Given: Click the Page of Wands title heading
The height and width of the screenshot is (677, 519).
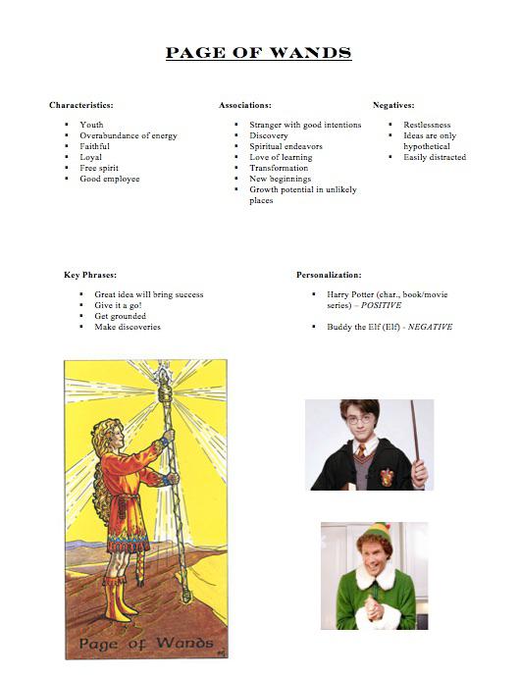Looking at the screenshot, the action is (x=259, y=53).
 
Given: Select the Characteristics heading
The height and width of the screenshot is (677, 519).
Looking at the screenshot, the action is (x=80, y=104).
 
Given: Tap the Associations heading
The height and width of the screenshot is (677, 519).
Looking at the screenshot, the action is (x=245, y=104).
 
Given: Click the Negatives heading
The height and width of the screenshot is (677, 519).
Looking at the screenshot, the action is (x=393, y=104).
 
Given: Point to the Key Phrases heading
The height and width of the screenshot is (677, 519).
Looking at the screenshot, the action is (x=90, y=275).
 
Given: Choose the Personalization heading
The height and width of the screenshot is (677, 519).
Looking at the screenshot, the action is (x=329, y=275).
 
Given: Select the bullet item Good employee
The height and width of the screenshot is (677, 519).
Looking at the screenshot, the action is (x=110, y=179).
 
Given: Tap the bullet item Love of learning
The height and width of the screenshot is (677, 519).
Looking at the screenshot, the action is (x=281, y=157).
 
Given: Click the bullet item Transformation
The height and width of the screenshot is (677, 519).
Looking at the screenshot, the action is (x=279, y=168).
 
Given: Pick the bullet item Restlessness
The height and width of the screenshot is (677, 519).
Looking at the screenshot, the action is (x=427, y=125).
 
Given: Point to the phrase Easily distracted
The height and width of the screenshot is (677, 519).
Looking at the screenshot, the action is (x=435, y=157).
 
